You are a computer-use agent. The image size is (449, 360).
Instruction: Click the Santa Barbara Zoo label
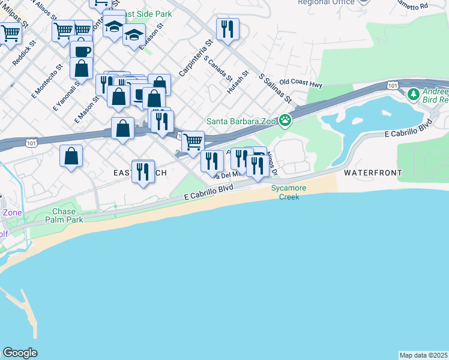tap(242, 121)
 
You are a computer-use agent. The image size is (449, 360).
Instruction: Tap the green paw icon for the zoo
tap(285, 121)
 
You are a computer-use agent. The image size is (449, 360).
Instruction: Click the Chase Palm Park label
tap(64, 215)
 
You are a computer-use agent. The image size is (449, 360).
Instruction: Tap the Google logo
tap(20, 353)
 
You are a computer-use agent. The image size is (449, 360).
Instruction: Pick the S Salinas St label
tap(275, 88)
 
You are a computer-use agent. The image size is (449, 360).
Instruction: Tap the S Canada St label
tap(218, 68)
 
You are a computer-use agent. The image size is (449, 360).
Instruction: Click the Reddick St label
tap(25, 54)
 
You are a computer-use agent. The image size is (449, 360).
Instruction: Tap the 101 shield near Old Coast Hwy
tap(392, 86)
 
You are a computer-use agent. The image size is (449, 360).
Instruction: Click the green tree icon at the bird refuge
tap(413, 94)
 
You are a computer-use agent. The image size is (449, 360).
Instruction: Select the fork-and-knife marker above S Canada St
tap(228, 29)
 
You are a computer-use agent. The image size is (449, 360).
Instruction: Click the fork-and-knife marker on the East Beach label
tap(143, 172)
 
